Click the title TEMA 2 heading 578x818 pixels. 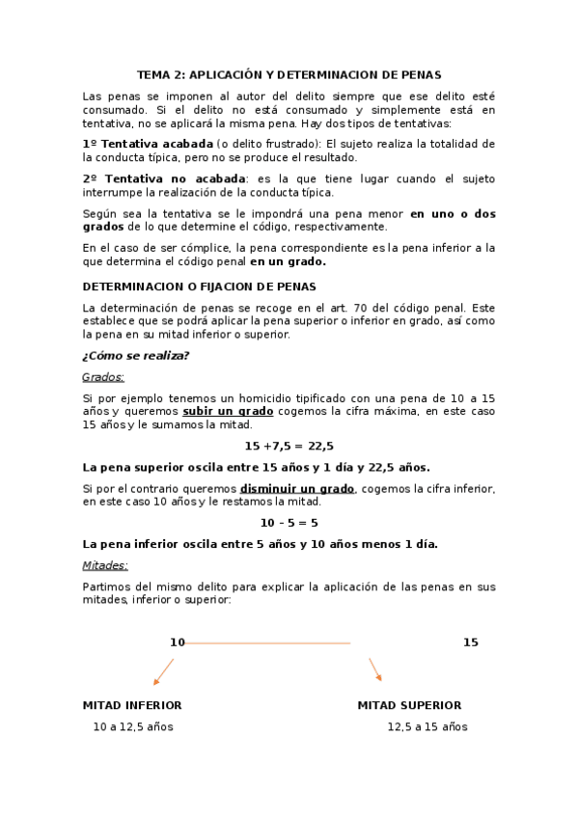coord(289,74)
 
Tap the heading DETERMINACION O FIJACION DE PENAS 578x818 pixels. coord(199,286)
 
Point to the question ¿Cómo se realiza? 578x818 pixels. coord(135,355)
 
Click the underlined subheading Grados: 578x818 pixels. coord(103,376)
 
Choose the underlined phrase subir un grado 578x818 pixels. coord(228,411)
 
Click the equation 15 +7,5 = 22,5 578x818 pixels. coord(289,446)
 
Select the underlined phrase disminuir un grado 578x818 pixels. coord(297,488)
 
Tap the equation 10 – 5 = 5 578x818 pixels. coord(289,523)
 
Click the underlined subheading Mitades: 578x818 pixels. coord(105,565)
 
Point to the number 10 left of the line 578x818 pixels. coord(177,642)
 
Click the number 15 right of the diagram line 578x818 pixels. coord(470,642)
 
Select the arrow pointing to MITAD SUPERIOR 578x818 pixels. coord(375,669)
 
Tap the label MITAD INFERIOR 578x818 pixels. coord(132,705)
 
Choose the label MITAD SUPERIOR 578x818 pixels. coord(409,705)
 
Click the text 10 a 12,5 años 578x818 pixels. coord(133,726)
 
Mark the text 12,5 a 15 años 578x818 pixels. coord(427,726)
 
